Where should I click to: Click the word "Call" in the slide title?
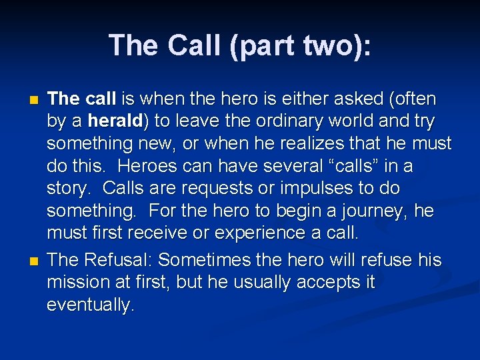pyautogui.click(x=193, y=45)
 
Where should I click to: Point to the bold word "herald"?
pyautogui.click(x=115, y=121)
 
